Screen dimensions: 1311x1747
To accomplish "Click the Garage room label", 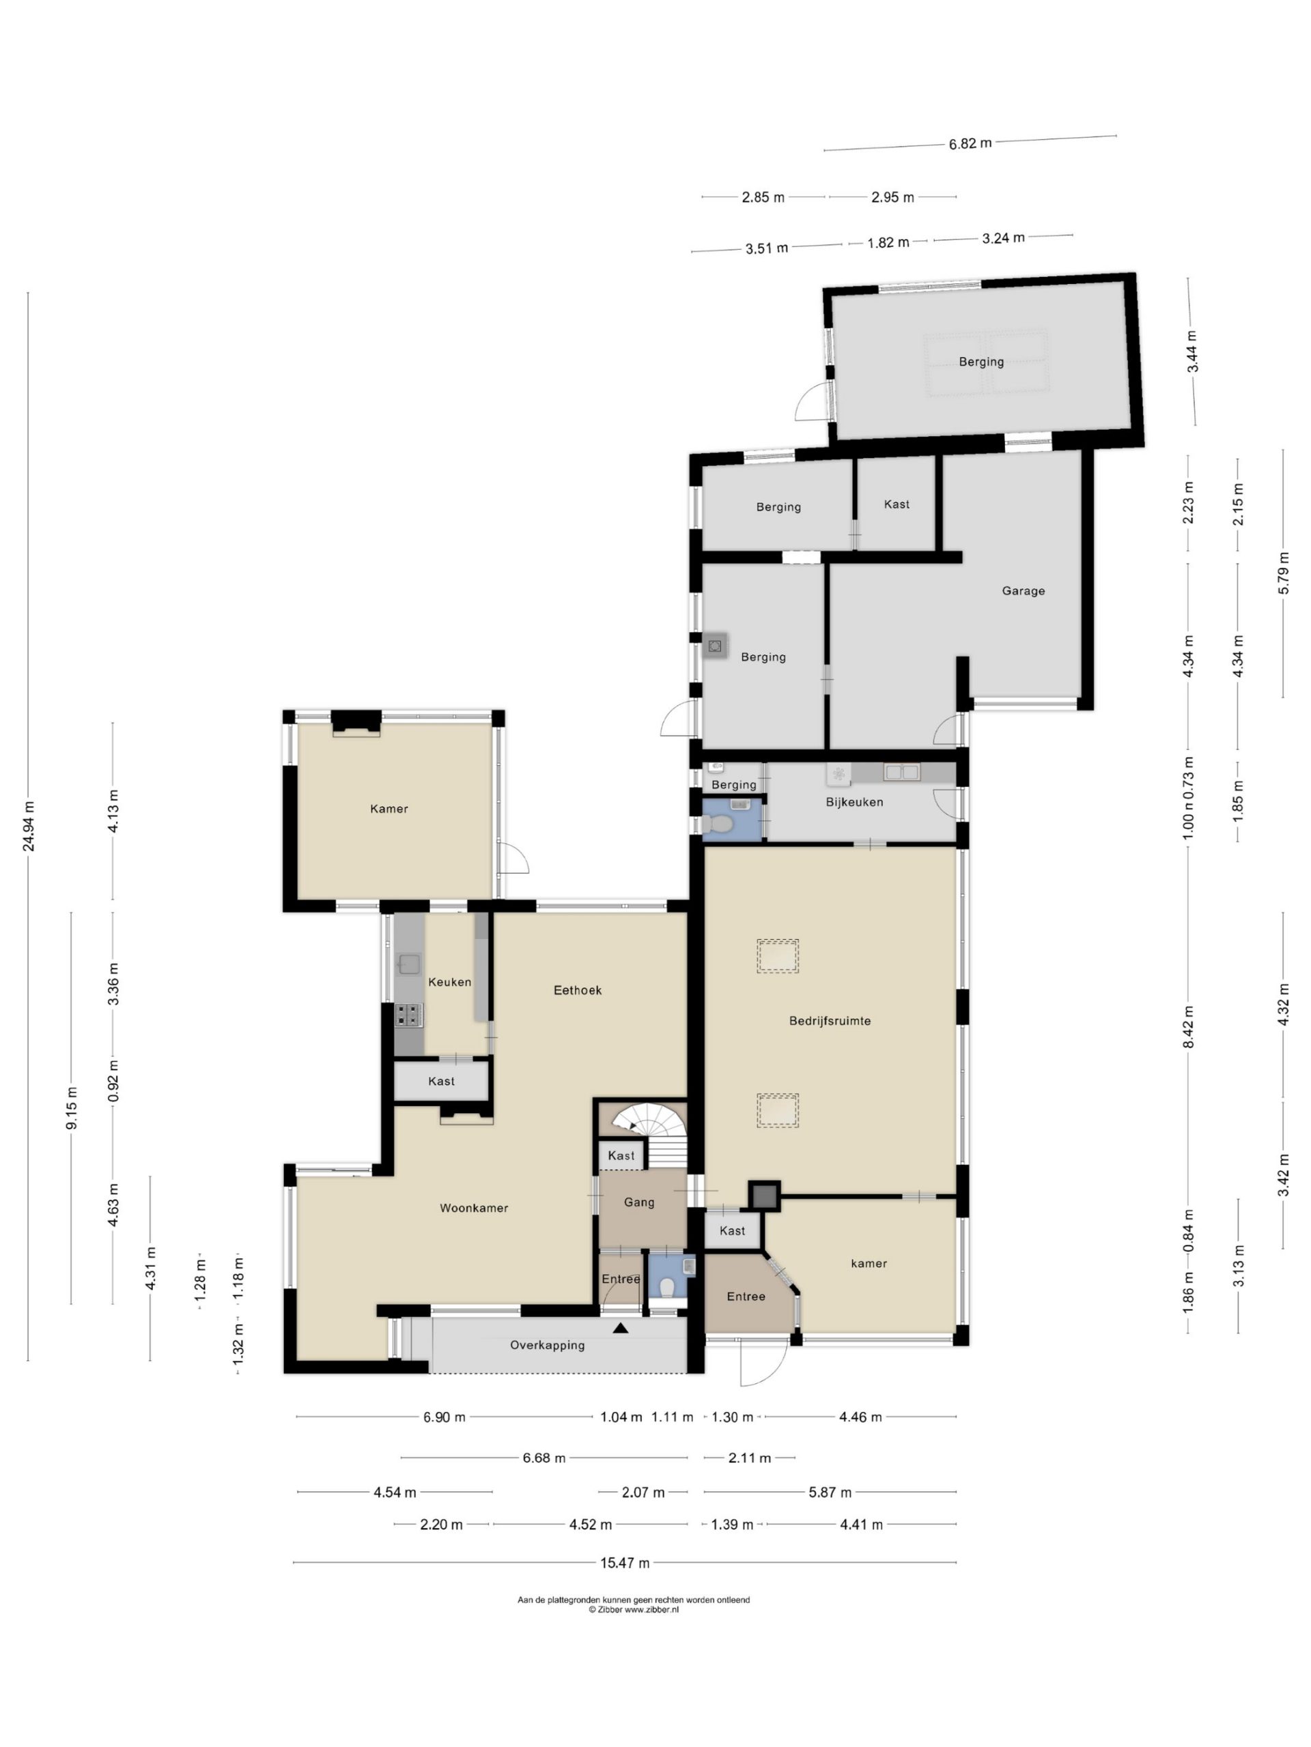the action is pyautogui.click(x=1023, y=590).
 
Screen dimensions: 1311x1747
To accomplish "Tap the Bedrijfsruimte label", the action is pyautogui.click(x=829, y=1020).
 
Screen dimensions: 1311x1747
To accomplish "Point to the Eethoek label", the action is pyautogui.click(x=577, y=990).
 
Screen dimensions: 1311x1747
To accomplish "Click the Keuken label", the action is pyautogui.click(x=449, y=982).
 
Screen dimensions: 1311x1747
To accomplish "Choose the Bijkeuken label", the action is pyautogui.click(x=854, y=802).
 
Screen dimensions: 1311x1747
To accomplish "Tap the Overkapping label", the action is pyautogui.click(x=547, y=1345).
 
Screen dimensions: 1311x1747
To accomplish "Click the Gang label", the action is pyautogui.click(x=638, y=1202).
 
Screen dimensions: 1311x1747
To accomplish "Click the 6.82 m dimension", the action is pyautogui.click(x=970, y=144).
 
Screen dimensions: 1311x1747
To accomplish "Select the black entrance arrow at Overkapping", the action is pyautogui.click(x=620, y=1329).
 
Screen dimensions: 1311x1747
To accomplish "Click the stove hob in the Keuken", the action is pyautogui.click(x=408, y=1015).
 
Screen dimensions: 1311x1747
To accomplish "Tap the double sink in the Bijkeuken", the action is pyautogui.click(x=901, y=772).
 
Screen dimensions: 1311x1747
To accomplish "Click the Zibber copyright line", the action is pyautogui.click(x=633, y=1610).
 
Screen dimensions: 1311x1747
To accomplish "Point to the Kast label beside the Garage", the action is pyautogui.click(x=896, y=504).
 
